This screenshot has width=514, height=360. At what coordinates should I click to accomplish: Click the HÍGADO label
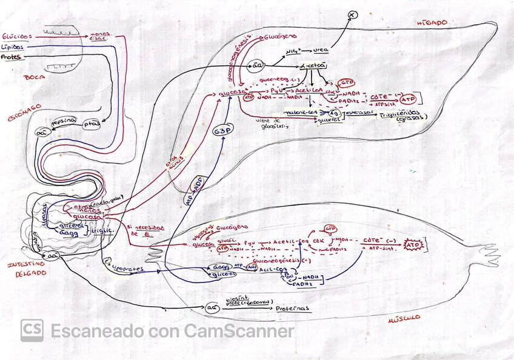[x=432, y=22]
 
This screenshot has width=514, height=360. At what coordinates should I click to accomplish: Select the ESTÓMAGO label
[x=25, y=106]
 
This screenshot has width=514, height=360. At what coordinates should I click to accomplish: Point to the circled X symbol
[x=351, y=14]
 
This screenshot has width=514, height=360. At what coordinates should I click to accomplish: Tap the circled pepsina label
[x=67, y=121]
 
